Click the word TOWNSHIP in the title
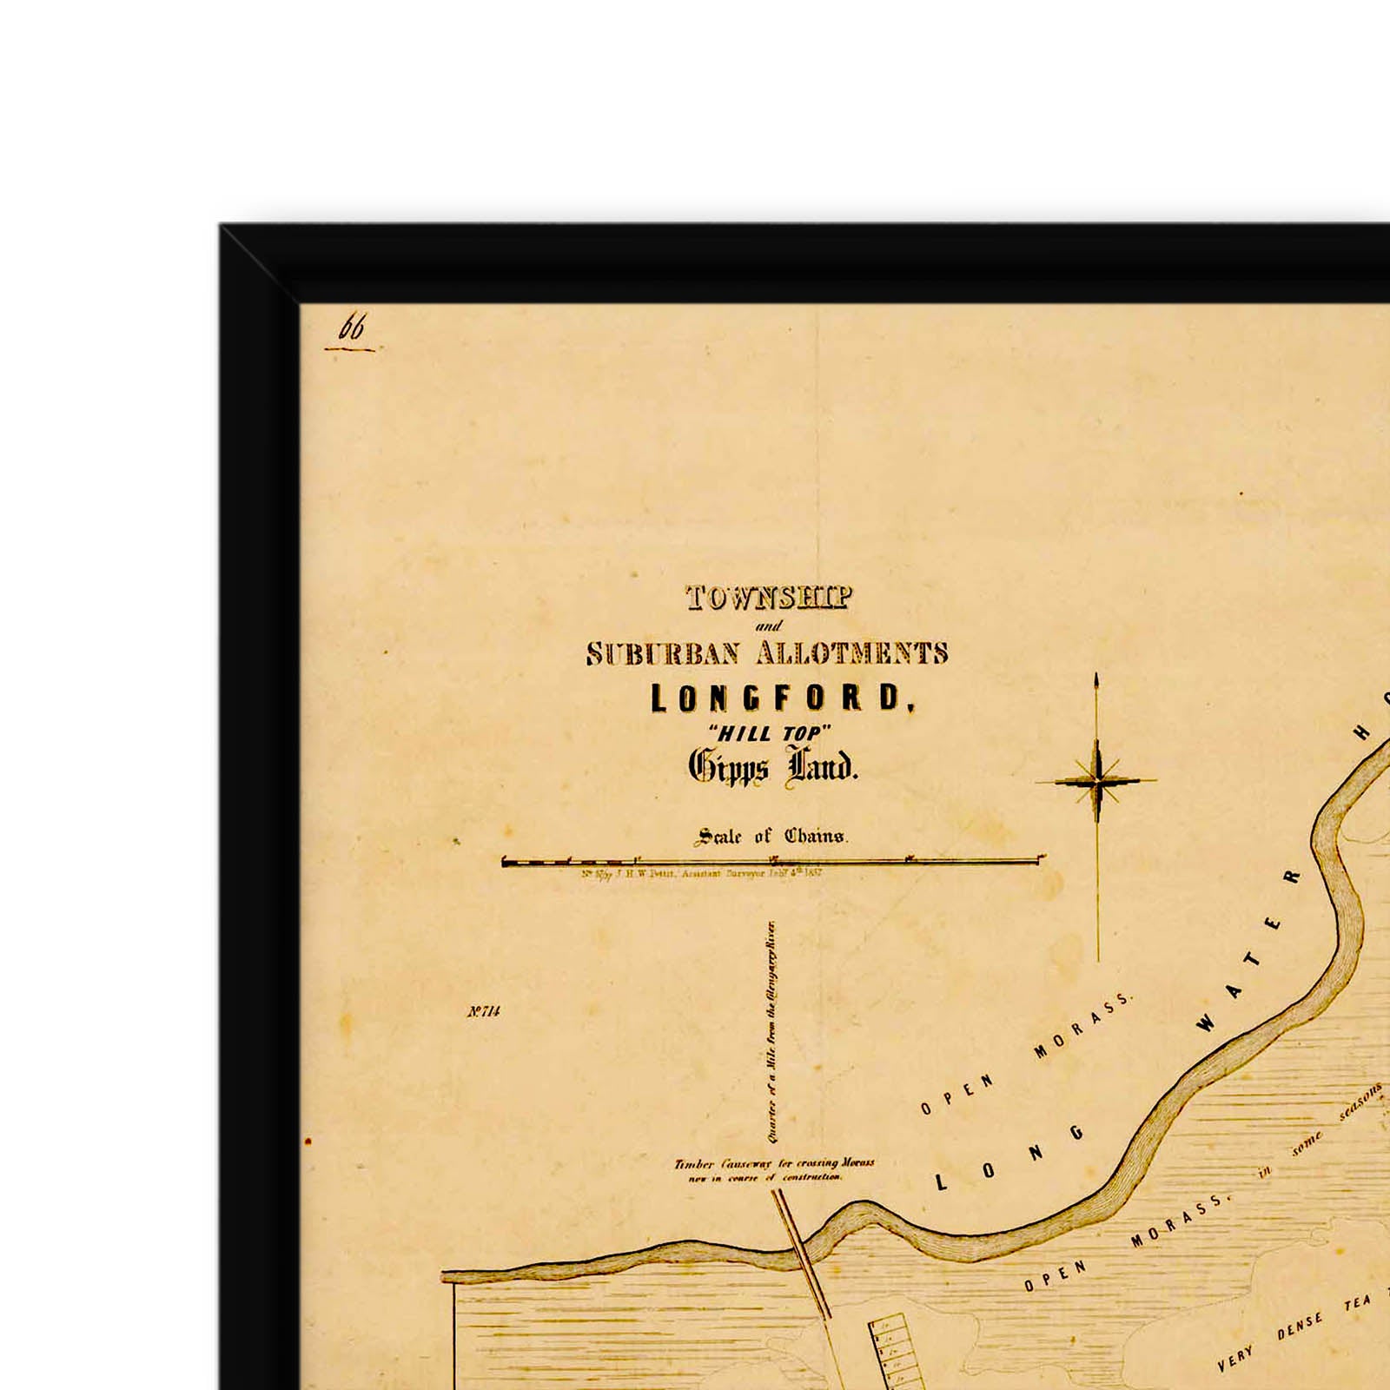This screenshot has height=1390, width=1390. pyautogui.click(x=768, y=599)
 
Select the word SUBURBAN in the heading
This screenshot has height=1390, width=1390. pyautogui.click(x=663, y=653)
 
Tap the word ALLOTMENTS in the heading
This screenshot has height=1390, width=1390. pyautogui.click(x=851, y=653)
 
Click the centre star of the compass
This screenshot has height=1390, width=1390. pyautogui.click(x=1097, y=781)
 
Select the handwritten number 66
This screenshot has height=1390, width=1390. pyautogui.click(x=352, y=328)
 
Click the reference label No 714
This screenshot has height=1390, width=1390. pyautogui.click(x=483, y=1011)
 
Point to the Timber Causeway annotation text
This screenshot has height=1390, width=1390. pyautogui.click(x=774, y=1169)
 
